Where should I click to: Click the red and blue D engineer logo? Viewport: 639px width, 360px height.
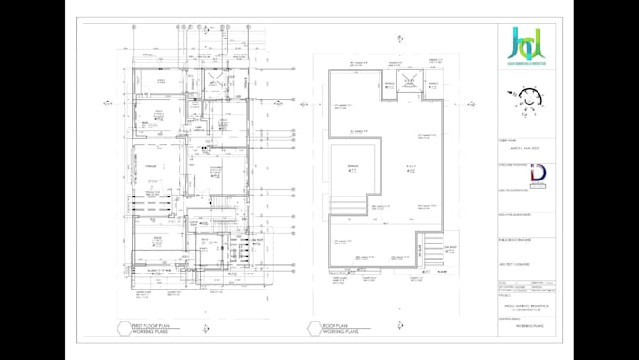(539, 177)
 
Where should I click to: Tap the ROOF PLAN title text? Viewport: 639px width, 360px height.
(338, 323)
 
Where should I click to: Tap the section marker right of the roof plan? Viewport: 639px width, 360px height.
(476, 148)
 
